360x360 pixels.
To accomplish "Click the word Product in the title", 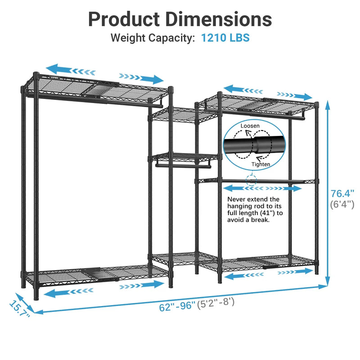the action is click(124, 19).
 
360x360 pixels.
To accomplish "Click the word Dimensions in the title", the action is click(219, 19).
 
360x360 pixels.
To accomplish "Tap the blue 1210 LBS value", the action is click(225, 38).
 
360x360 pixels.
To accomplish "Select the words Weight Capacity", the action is click(153, 38).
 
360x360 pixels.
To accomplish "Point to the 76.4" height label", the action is click(342, 193).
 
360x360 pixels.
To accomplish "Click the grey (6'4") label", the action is click(342, 204).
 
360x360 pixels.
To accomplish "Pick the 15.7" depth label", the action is click(19, 309).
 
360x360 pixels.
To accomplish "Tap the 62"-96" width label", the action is click(177, 306).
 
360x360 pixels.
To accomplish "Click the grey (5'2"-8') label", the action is click(216, 303).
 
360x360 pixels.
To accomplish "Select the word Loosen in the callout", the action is click(250, 126).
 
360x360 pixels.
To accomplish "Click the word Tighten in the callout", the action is click(261, 164).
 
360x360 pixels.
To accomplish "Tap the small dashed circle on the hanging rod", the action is click(252, 180).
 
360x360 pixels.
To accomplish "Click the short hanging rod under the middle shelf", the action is click(183, 166).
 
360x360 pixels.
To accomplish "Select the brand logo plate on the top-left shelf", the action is click(54, 77).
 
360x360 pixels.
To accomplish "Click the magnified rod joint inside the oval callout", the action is click(255, 144).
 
